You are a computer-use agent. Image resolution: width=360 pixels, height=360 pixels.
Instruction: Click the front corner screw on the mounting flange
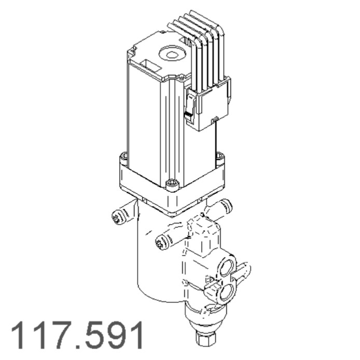point(172,183)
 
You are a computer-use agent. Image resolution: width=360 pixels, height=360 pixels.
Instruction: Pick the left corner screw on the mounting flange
point(123,157)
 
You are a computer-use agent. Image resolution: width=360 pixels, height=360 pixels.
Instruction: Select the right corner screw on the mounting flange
point(220,156)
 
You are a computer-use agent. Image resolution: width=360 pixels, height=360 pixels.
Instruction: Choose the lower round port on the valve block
point(226,294)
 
